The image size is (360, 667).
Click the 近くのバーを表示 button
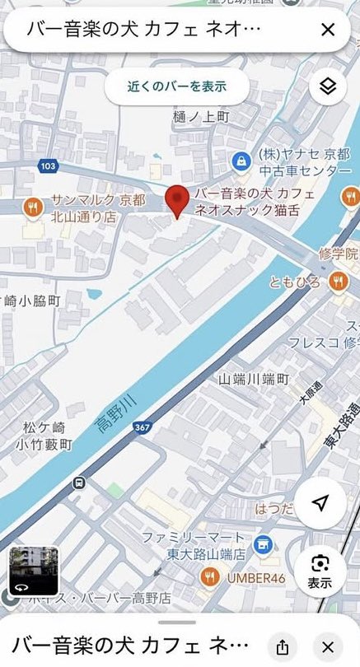[177, 86]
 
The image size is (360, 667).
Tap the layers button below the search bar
[328, 86]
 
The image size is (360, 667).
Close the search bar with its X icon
[327, 30]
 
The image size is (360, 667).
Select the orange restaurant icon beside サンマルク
[32, 208]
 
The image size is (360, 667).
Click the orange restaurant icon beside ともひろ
[338, 282]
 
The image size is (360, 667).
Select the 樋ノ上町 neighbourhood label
[202, 117]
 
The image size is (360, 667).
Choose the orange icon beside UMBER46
[210, 577]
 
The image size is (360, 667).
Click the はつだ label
[275, 508]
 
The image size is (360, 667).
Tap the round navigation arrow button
[320, 503]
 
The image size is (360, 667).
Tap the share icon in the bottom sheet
[283, 646]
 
